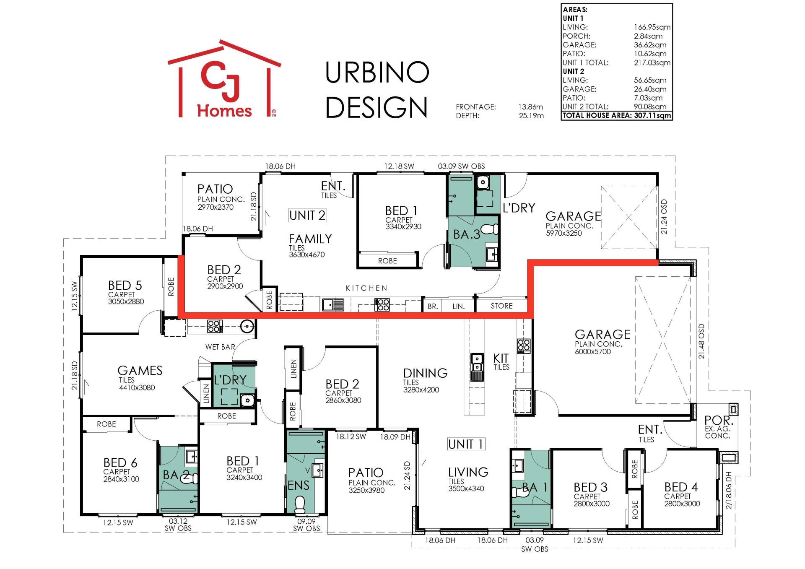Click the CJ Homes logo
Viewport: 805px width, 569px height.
pyautogui.click(x=224, y=79)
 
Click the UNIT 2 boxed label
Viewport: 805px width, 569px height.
pyautogui.click(x=307, y=216)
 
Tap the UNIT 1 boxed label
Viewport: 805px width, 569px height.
pyautogui.click(x=466, y=444)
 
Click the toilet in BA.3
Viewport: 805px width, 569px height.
pyautogui.click(x=490, y=229)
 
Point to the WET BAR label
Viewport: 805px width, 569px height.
pyautogui.click(x=220, y=347)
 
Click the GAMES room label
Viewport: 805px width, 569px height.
pyautogui.click(x=140, y=370)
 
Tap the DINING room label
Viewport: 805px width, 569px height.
pyautogui.click(x=425, y=373)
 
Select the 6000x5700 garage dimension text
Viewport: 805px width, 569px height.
pyautogui.click(x=593, y=351)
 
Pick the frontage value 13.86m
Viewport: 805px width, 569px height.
pyautogui.click(x=530, y=107)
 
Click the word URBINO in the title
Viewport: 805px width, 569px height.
pyautogui.click(x=377, y=72)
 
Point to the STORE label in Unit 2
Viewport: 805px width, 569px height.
pyautogui.click(x=502, y=306)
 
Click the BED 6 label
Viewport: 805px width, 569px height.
pyautogui.click(x=120, y=462)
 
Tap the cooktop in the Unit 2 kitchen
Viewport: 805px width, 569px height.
pyautogui.click(x=382, y=304)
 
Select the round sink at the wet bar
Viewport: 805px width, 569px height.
pyautogui.click(x=248, y=326)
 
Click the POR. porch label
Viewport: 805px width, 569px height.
pyautogui.click(x=719, y=420)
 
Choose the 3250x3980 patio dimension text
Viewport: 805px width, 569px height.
pyautogui.click(x=366, y=490)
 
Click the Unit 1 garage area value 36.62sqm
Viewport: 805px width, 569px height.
pyautogui.click(x=650, y=45)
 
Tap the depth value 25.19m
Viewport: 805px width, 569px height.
pyautogui.click(x=531, y=116)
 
